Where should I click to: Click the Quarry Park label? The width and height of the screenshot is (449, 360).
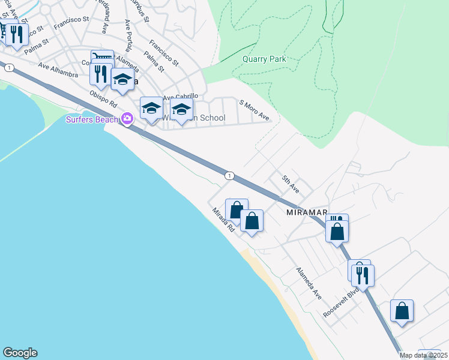(x=264, y=59)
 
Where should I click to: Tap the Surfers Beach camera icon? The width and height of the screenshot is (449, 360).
(x=127, y=118)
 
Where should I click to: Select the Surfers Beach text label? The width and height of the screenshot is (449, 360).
(x=92, y=119)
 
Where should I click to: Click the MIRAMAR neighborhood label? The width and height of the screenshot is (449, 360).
(x=306, y=212)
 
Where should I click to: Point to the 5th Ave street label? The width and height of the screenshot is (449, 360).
(x=291, y=183)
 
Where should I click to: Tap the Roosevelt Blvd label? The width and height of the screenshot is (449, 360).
(x=341, y=304)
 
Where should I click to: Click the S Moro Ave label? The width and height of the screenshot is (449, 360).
(x=255, y=110)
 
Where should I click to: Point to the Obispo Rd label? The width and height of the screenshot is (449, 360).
(x=102, y=100)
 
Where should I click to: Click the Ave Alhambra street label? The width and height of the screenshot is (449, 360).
(x=58, y=70)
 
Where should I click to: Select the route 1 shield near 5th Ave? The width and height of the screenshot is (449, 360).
(x=229, y=175)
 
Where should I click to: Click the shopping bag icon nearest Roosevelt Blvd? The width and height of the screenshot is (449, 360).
(x=402, y=311)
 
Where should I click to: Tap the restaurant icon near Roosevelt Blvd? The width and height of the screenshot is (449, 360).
(x=362, y=274)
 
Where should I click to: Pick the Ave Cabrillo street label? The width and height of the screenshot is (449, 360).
(x=180, y=97)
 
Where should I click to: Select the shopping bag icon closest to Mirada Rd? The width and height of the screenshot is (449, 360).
(x=237, y=210)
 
